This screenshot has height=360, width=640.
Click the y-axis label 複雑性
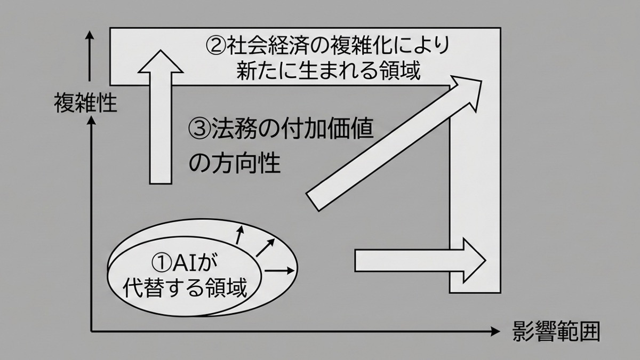click(x=85, y=103)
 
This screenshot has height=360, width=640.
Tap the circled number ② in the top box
click(x=215, y=45)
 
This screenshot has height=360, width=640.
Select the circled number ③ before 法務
click(x=199, y=129)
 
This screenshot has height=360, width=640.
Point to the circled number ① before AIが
click(x=159, y=262)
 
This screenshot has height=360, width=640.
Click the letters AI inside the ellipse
click(x=185, y=262)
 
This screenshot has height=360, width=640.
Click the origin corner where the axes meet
click(x=92, y=332)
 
